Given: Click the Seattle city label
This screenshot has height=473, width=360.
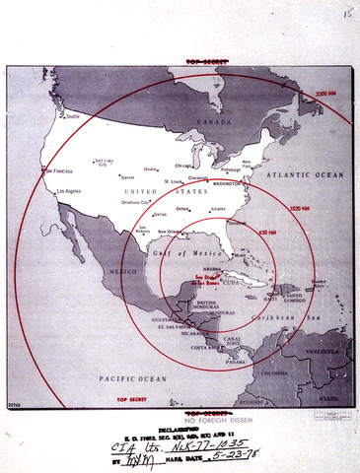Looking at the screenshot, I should pos(72,116).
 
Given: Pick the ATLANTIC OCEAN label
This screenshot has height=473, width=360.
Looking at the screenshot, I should pos(314,174).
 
